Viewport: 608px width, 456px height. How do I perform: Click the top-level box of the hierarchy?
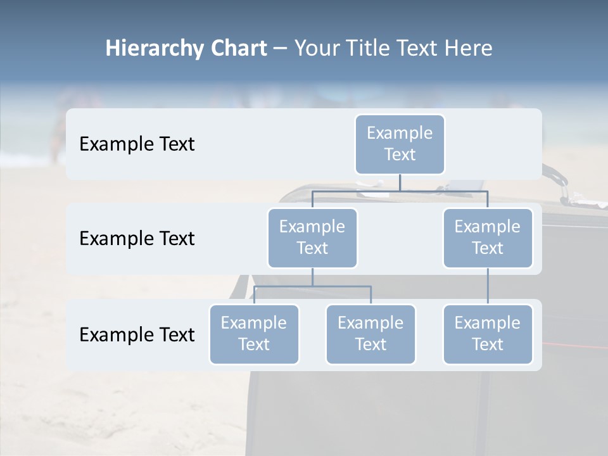pyautogui.click(x=400, y=144)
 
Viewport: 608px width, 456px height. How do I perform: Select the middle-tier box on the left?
pyautogui.click(x=312, y=237)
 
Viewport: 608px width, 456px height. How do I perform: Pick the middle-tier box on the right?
pyautogui.click(x=488, y=237)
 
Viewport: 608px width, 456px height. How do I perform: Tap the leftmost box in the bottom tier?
pyautogui.click(x=254, y=334)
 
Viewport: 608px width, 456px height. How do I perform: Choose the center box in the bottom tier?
pyautogui.click(x=370, y=334)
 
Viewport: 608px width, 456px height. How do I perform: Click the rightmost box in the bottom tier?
pyautogui.click(x=488, y=334)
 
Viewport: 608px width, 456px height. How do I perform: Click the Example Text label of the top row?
pyautogui.click(x=137, y=144)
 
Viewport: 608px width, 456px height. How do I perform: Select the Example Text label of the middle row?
pyautogui.click(x=137, y=238)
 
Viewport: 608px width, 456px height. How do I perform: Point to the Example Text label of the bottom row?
pyautogui.click(x=137, y=334)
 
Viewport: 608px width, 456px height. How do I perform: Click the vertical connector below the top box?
pyautogui.click(x=400, y=182)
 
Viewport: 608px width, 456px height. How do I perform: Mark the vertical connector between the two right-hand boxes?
pyautogui.click(x=488, y=286)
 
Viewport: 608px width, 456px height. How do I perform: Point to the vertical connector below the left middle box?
pyautogui.click(x=312, y=277)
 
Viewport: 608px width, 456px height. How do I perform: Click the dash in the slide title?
pyautogui.click(x=280, y=49)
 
